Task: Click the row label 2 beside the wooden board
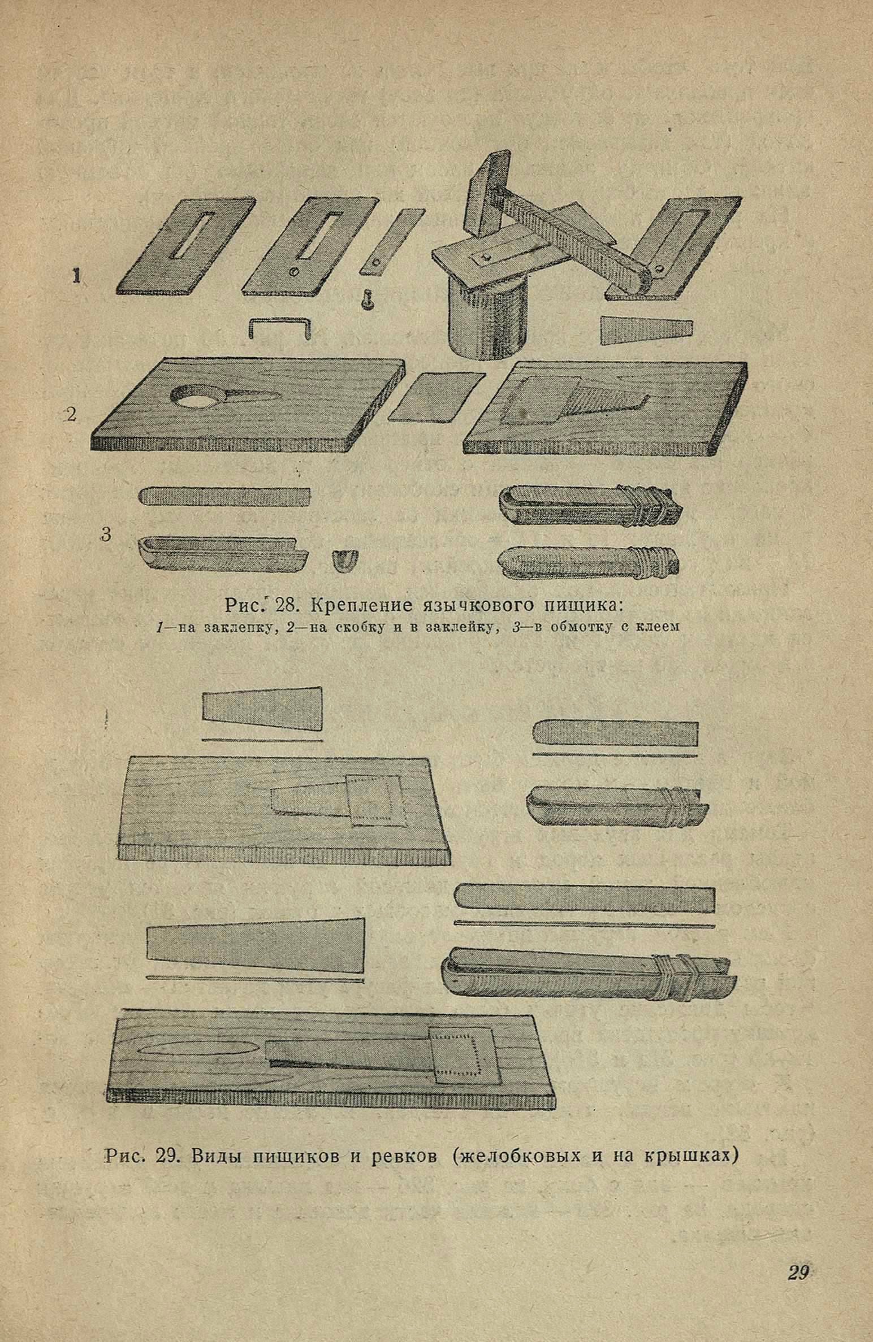[x=71, y=415]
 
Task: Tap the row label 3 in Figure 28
[x=106, y=533]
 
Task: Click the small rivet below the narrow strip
[x=366, y=296]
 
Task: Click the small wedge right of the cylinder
[x=646, y=330]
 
